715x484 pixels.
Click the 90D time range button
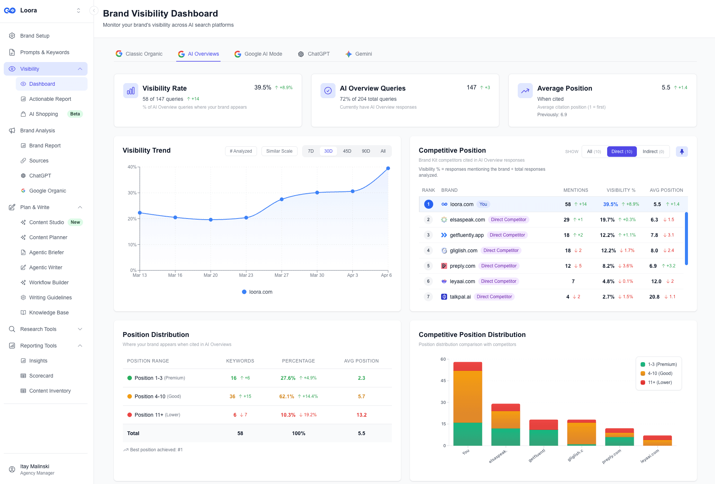coord(366,151)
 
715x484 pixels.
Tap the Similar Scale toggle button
coord(279,151)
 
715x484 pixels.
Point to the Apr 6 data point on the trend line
coord(388,168)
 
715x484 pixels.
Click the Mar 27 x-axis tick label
coord(281,275)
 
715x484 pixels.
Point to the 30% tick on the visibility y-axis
coord(132,193)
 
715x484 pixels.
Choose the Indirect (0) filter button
coord(653,152)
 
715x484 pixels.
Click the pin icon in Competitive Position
coord(682,152)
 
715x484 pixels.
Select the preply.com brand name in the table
coord(463,266)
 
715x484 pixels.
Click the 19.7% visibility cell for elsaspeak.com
coord(607,220)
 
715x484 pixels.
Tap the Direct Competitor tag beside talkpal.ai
coord(494,297)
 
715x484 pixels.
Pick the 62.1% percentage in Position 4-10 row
coord(287,396)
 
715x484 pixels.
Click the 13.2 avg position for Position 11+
coord(361,415)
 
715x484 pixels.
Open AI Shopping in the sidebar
coord(44,114)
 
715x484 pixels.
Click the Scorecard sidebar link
coord(41,376)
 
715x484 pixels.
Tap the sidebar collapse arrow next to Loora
coord(94,11)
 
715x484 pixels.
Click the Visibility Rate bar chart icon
coord(131,91)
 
